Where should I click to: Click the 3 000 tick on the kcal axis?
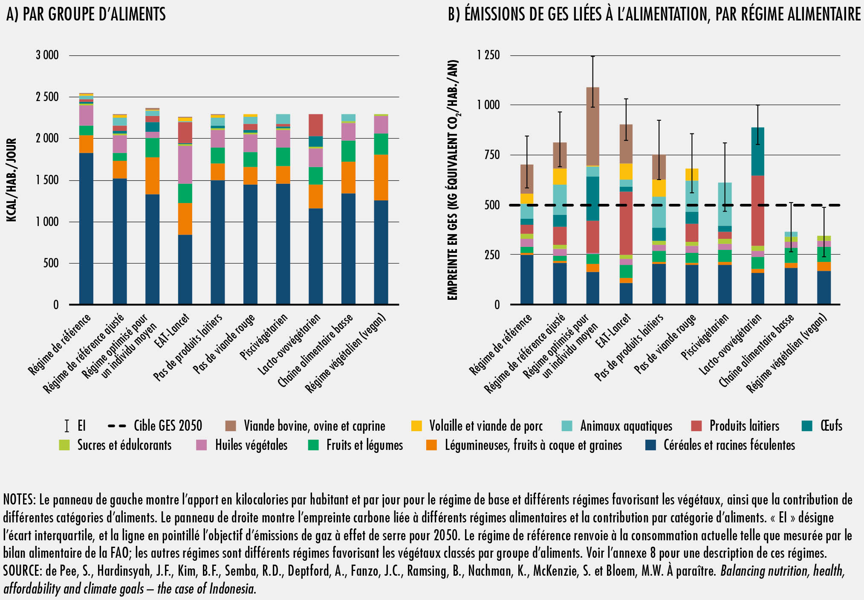click(47, 55)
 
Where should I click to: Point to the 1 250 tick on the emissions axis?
click(488, 55)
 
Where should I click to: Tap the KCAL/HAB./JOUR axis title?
click(12, 180)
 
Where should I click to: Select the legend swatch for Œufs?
click(807, 426)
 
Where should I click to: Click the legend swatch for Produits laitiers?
click(696, 426)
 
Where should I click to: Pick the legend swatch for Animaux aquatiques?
click(567, 426)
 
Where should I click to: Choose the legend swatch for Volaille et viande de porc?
click(416, 426)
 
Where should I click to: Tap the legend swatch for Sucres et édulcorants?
click(64, 445)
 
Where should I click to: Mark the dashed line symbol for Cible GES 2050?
click(117, 426)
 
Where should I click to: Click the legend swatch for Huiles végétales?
click(202, 445)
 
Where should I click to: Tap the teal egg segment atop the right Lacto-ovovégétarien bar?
click(757, 151)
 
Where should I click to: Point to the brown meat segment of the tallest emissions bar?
click(592, 126)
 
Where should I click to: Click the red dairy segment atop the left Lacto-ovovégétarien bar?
click(316, 125)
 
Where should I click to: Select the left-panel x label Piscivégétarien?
click(264, 337)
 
